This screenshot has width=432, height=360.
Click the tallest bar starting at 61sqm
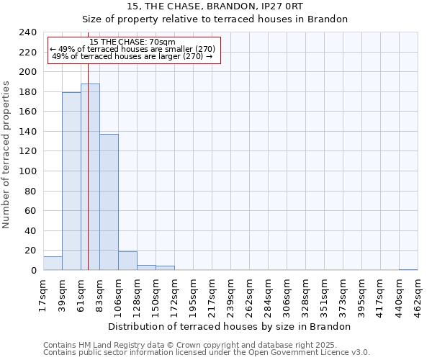pos(90,177)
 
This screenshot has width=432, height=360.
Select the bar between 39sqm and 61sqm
pos(71,181)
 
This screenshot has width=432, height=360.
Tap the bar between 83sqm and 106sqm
pos(109,202)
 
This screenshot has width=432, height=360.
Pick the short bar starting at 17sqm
pos(53,264)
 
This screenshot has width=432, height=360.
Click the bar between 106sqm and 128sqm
pos(127,261)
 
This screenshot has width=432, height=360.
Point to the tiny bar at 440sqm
pos(408,269)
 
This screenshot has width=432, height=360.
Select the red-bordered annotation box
pos(133,50)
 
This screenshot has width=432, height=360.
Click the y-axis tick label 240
pos(27,32)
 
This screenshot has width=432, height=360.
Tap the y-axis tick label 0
pos(33,271)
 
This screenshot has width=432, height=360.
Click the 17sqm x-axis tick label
pos(43,291)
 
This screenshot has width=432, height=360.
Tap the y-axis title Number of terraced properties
pos(6,155)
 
